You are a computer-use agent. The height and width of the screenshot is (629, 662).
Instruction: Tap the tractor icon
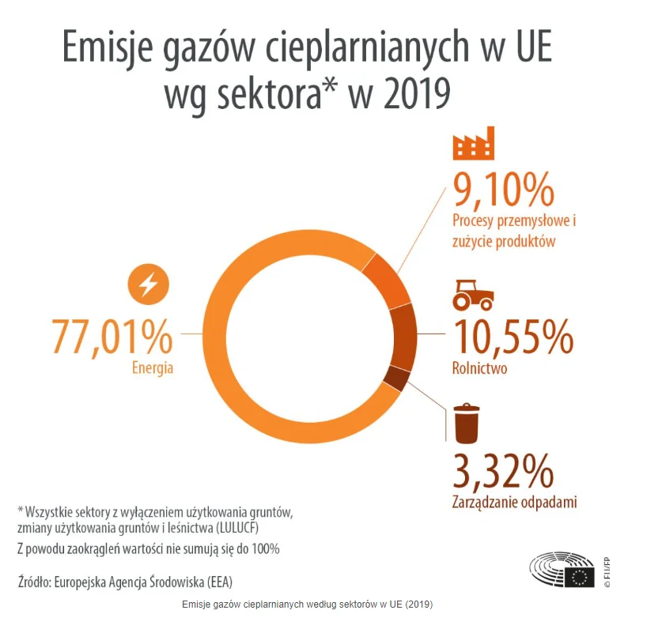tap(473, 294)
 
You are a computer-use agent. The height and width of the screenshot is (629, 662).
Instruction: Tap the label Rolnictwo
tap(479, 368)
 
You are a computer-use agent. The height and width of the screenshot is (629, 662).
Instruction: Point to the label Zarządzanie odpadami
tap(514, 502)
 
